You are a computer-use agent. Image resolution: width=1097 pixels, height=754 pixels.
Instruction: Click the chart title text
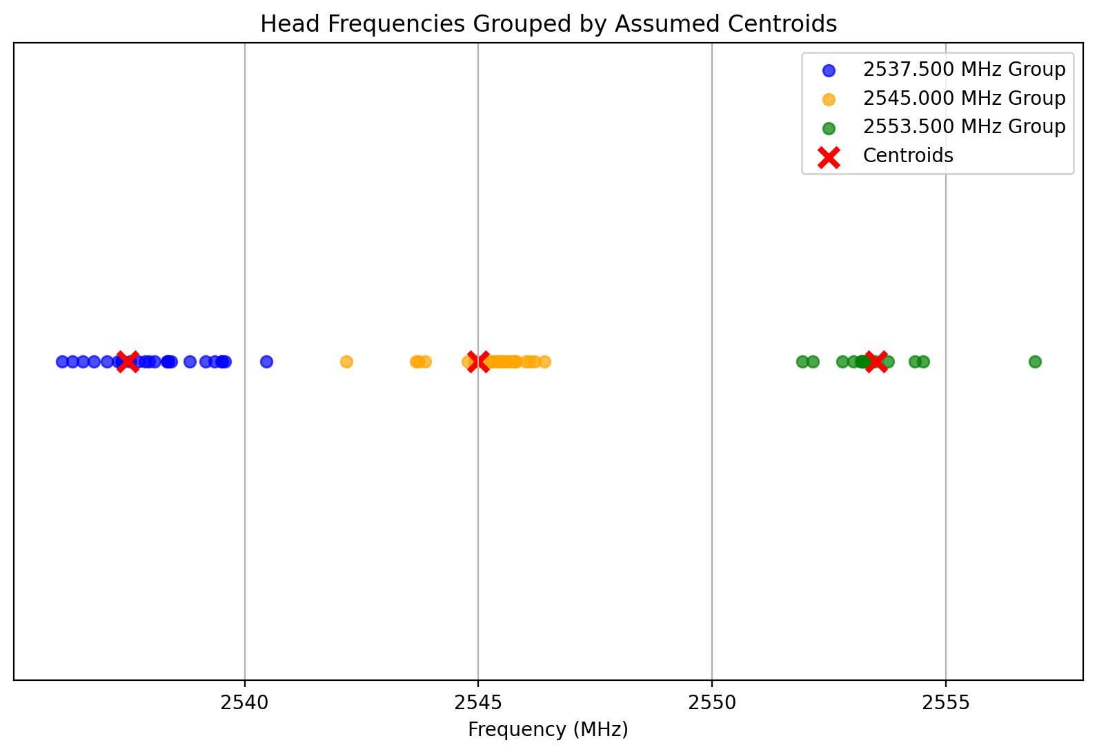tap(548, 24)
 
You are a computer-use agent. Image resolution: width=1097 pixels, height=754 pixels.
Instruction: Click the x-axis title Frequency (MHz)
tap(548, 730)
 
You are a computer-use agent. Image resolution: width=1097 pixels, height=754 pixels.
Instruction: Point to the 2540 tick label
tap(244, 703)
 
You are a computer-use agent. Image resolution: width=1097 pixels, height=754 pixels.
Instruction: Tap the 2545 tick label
tap(478, 703)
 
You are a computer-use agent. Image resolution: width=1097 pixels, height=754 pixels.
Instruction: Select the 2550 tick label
tap(712, 703)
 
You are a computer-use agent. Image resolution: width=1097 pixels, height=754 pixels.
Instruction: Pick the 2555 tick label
tap(946, 703)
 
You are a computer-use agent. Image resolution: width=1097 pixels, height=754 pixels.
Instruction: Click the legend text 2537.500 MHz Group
tap(964, 70)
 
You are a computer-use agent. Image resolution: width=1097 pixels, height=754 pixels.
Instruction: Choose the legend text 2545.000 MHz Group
tap(964, 99)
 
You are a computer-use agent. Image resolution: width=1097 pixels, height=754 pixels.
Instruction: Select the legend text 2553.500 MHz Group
tap(964, 127)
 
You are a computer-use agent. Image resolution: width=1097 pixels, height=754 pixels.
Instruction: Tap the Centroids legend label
tap(908, 156)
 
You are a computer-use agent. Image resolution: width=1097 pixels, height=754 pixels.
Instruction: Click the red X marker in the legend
tap(829, 157)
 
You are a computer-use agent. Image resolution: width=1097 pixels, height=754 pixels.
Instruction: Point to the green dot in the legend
tap(829, 128)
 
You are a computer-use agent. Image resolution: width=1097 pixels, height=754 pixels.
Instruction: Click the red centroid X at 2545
tap(478, 361)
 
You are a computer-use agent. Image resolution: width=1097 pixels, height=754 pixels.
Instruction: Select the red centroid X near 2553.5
tap(876, 361)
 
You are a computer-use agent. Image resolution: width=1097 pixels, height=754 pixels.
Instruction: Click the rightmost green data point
tap(1035, 361)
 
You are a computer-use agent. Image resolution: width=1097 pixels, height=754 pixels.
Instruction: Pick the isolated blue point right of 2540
tap(266, 361)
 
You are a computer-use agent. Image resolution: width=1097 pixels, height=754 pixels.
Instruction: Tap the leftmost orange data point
tap(346, 361)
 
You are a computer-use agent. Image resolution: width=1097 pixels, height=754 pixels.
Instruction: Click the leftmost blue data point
tap(62, 361)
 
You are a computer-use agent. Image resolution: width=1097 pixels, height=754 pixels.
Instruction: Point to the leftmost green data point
tap(802, 361)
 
